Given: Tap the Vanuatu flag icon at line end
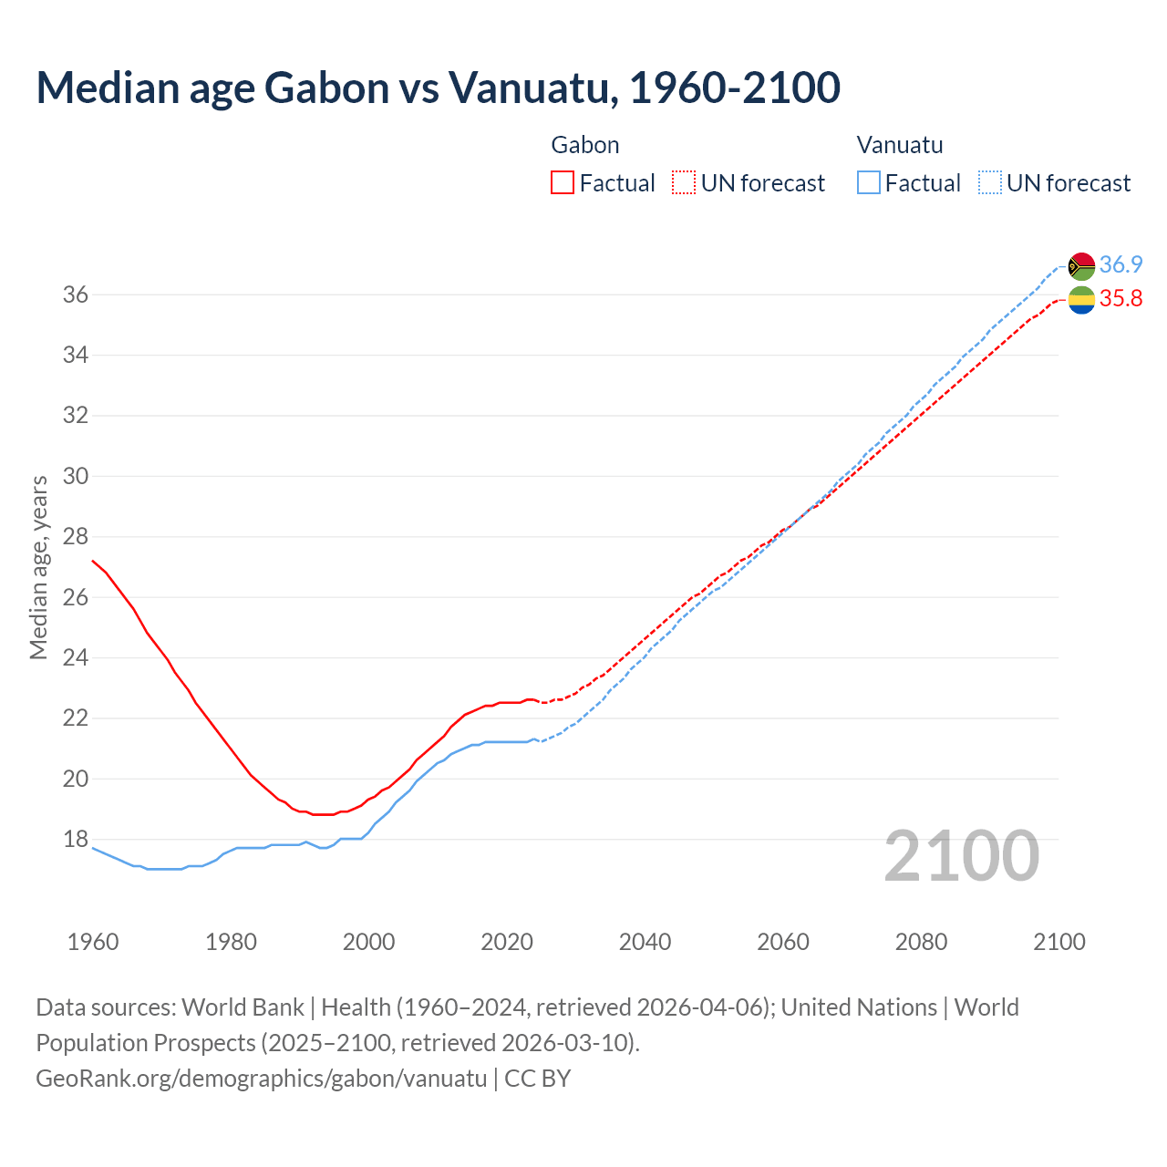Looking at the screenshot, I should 1081,266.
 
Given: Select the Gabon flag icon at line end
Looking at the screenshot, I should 1081,299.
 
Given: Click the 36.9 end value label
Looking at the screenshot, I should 1121,264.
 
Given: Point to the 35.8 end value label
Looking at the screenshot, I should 1121,299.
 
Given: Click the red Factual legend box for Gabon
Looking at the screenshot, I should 563,183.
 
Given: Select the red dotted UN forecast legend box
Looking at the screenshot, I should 684,183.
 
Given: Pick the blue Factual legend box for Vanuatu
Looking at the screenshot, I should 869,183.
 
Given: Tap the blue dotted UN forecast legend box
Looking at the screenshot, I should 989,183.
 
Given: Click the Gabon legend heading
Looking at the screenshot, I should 585,145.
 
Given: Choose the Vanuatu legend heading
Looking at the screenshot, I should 900,145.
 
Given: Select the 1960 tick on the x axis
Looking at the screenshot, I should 93,942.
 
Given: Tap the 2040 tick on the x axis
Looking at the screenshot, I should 645,942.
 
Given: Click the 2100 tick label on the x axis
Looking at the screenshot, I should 1059,942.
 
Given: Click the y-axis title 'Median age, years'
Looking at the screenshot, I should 38,567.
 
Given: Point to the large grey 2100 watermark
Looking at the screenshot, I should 962,855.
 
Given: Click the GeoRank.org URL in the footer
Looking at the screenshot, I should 262,1078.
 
